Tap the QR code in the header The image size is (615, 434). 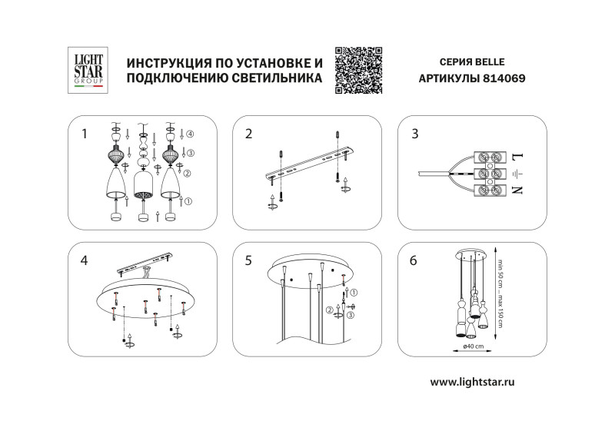[x=358, y=70]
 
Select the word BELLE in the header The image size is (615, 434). [x=489, y=61]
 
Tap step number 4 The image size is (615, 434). [x=85, y=261]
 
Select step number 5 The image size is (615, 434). [x=248, y=261]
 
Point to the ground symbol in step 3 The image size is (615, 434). [x=516, y=174]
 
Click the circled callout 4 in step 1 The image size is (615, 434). [x=188, y=135]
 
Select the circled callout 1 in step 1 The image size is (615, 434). [x=188, y=201]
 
